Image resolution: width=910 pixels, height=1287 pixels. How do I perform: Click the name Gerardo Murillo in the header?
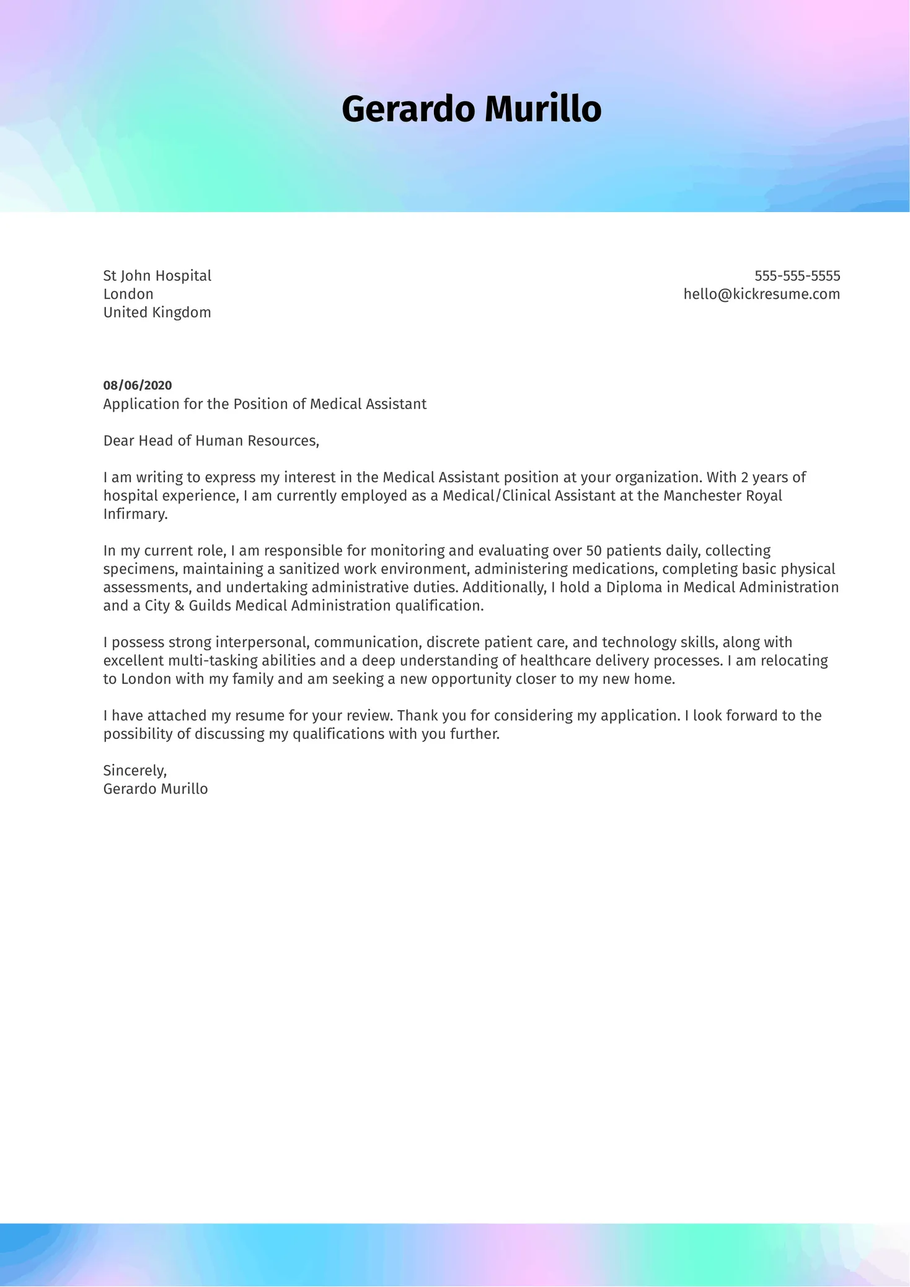click(471, 109)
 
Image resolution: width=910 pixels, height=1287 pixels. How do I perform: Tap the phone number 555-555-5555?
click(797, 276)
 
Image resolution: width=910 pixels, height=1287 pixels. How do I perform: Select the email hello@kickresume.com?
click(761, 294)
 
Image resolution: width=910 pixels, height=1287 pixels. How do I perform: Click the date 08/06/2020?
click(138, 386)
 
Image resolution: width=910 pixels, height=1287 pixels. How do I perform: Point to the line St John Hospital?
click(157, 276)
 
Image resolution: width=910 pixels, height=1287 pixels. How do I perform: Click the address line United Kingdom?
click(157, 312)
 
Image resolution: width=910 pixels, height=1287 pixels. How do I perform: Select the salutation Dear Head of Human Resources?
click(211, 441)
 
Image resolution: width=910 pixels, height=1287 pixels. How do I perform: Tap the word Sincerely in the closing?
click(135, 771)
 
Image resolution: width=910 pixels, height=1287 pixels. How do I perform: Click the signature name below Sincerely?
click(155, 789)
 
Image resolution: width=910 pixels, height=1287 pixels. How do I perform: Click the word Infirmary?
click(135, 515)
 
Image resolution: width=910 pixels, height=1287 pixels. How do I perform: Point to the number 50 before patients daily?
click(594, 551)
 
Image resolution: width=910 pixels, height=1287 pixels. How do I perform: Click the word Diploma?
click(634, 588)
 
